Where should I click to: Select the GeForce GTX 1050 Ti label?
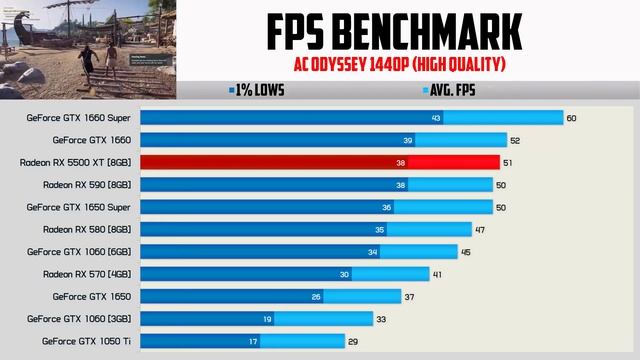point(87,341)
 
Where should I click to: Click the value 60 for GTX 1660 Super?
point(571,118)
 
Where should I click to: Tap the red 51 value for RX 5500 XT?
point(508,162)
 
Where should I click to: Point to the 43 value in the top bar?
point(435,118)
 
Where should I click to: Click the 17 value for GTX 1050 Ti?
point(254,341)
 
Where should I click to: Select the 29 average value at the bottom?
point(353,341)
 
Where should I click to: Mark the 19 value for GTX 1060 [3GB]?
point(268,319)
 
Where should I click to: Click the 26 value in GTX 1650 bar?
point(316,296)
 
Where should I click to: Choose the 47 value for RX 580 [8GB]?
point(480,229)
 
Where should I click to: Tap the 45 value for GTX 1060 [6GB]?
point(466,252)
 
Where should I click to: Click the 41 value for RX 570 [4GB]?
point(438,274)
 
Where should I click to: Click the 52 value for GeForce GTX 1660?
point(514,140)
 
